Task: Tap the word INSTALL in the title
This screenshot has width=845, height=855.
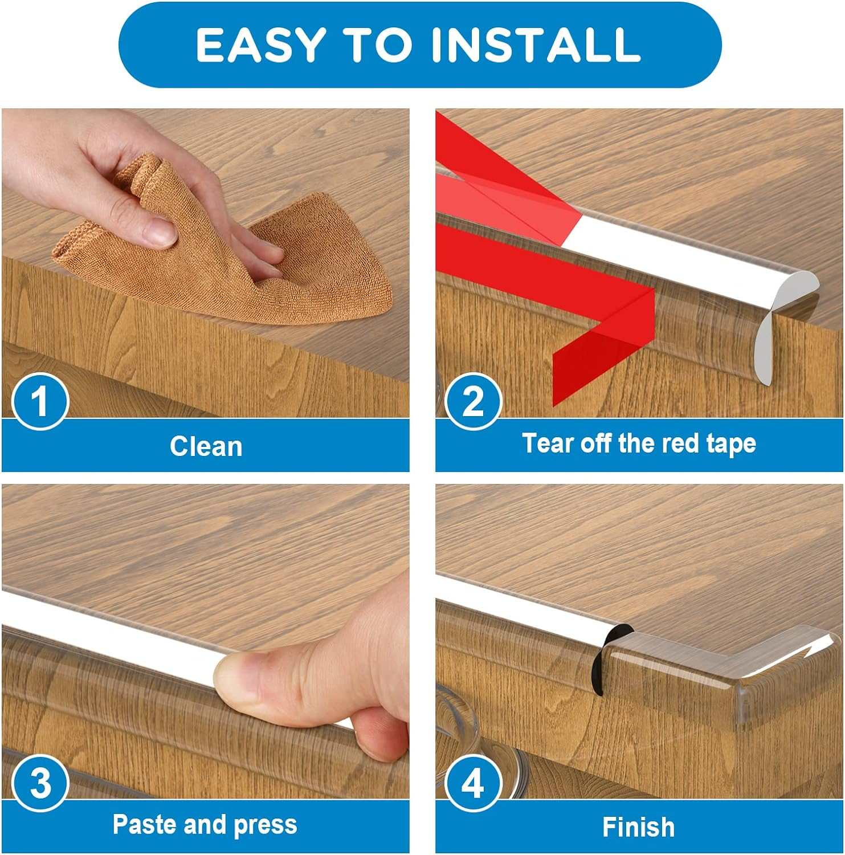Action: pos(536,45)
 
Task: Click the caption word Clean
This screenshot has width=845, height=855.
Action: pos(206,446)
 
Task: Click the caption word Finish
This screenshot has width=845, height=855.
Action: pos(638,827)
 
